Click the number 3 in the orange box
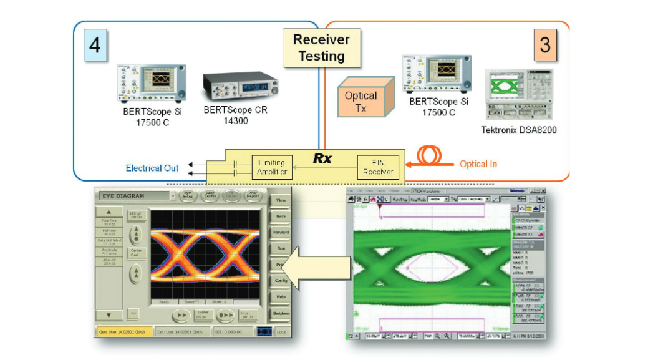point(545,46)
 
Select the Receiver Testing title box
point(321,47)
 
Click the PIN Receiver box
point(378,167)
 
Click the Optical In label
point(478,164)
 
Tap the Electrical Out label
point(152,168)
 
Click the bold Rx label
point(322,158)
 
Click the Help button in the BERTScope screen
point(281,296)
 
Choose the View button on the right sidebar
point(281,200)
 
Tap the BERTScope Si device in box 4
point(152,84)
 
